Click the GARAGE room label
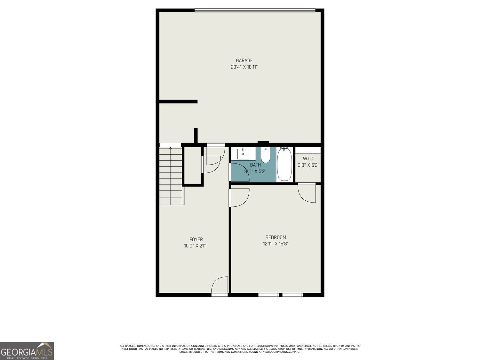[244, 60]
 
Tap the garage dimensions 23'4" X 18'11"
[244, 67]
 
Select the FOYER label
[196, 239]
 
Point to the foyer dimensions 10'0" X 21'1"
[196, 246]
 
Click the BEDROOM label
[276, 237]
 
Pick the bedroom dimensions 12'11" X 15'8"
[276, 244]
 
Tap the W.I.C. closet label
[308, 159]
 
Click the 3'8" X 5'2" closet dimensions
[308, 165]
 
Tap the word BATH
[255, 165]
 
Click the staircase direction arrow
[171, 148]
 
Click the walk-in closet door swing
[307, 193]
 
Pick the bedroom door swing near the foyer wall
[239, 197]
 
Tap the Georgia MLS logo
[27, 351]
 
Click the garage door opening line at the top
[255, 11]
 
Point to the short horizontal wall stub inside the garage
[178, 102]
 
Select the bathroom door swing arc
[240, 172]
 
